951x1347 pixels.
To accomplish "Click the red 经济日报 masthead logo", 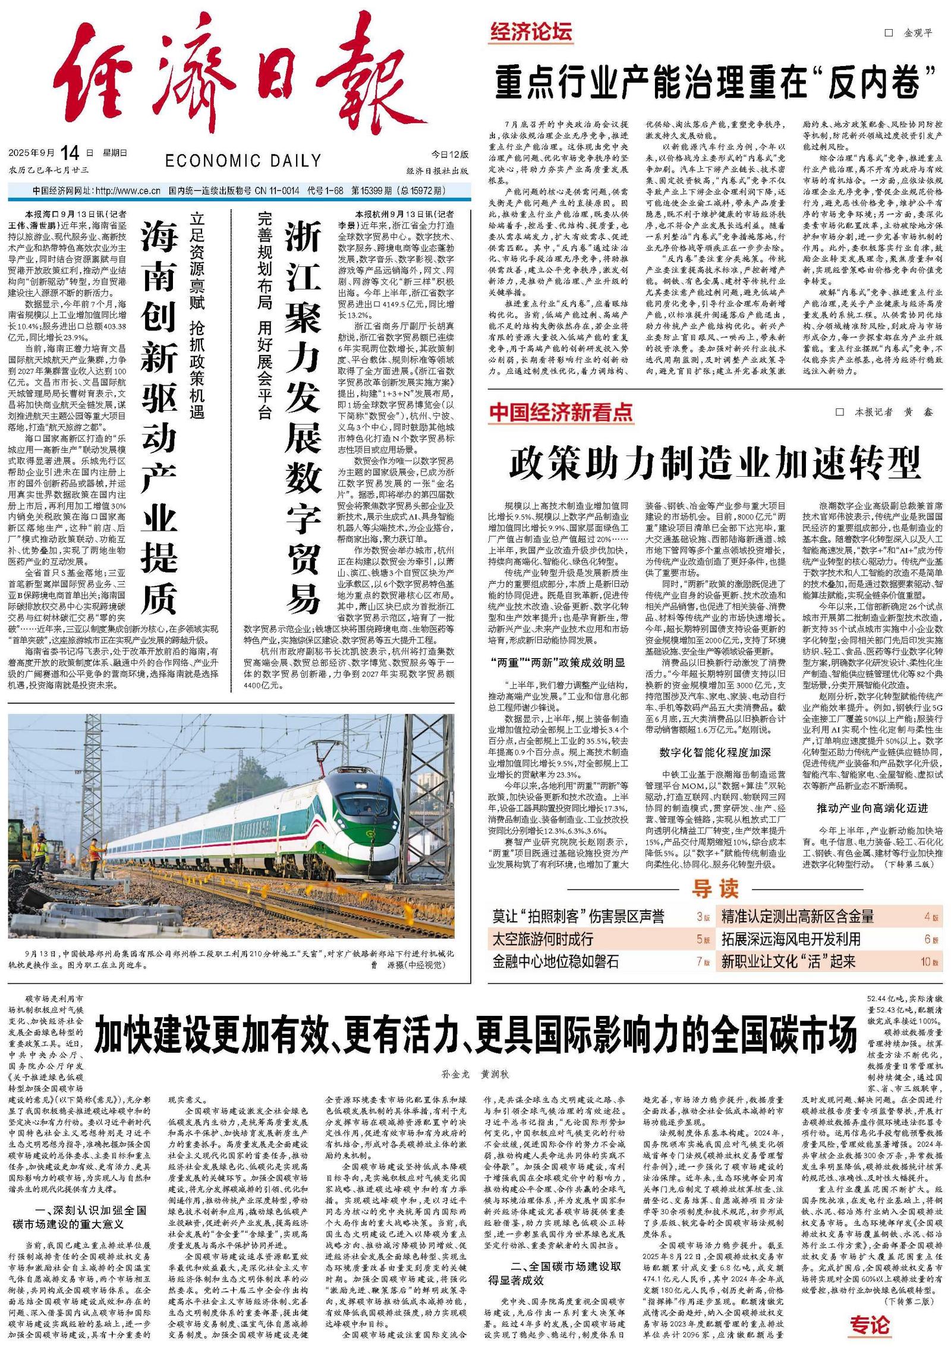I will pyautogui.click(x=238, y=77).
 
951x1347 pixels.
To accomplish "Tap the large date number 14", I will pyautogui.click(x=69, y=153).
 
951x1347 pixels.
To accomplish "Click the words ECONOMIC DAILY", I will pyautogui.click(x=243, y=160).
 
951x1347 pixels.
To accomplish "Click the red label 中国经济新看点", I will pyautogui.click(x=560, y=413).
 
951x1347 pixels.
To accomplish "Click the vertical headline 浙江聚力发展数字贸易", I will pyautogui.click(x=303, y=416).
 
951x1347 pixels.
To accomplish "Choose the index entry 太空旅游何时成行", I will pyautogui.click(x=543, y=939).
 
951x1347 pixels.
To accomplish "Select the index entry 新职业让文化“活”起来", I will pyautogui.click(x=789, y=961).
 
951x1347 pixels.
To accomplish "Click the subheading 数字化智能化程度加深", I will pyautogui.click(x=715, y=752).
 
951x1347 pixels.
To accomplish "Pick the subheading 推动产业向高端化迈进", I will pyautogui.click(x=872, y=808).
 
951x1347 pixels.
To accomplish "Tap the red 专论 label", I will pyautogui.click(x=870, y=1325).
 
